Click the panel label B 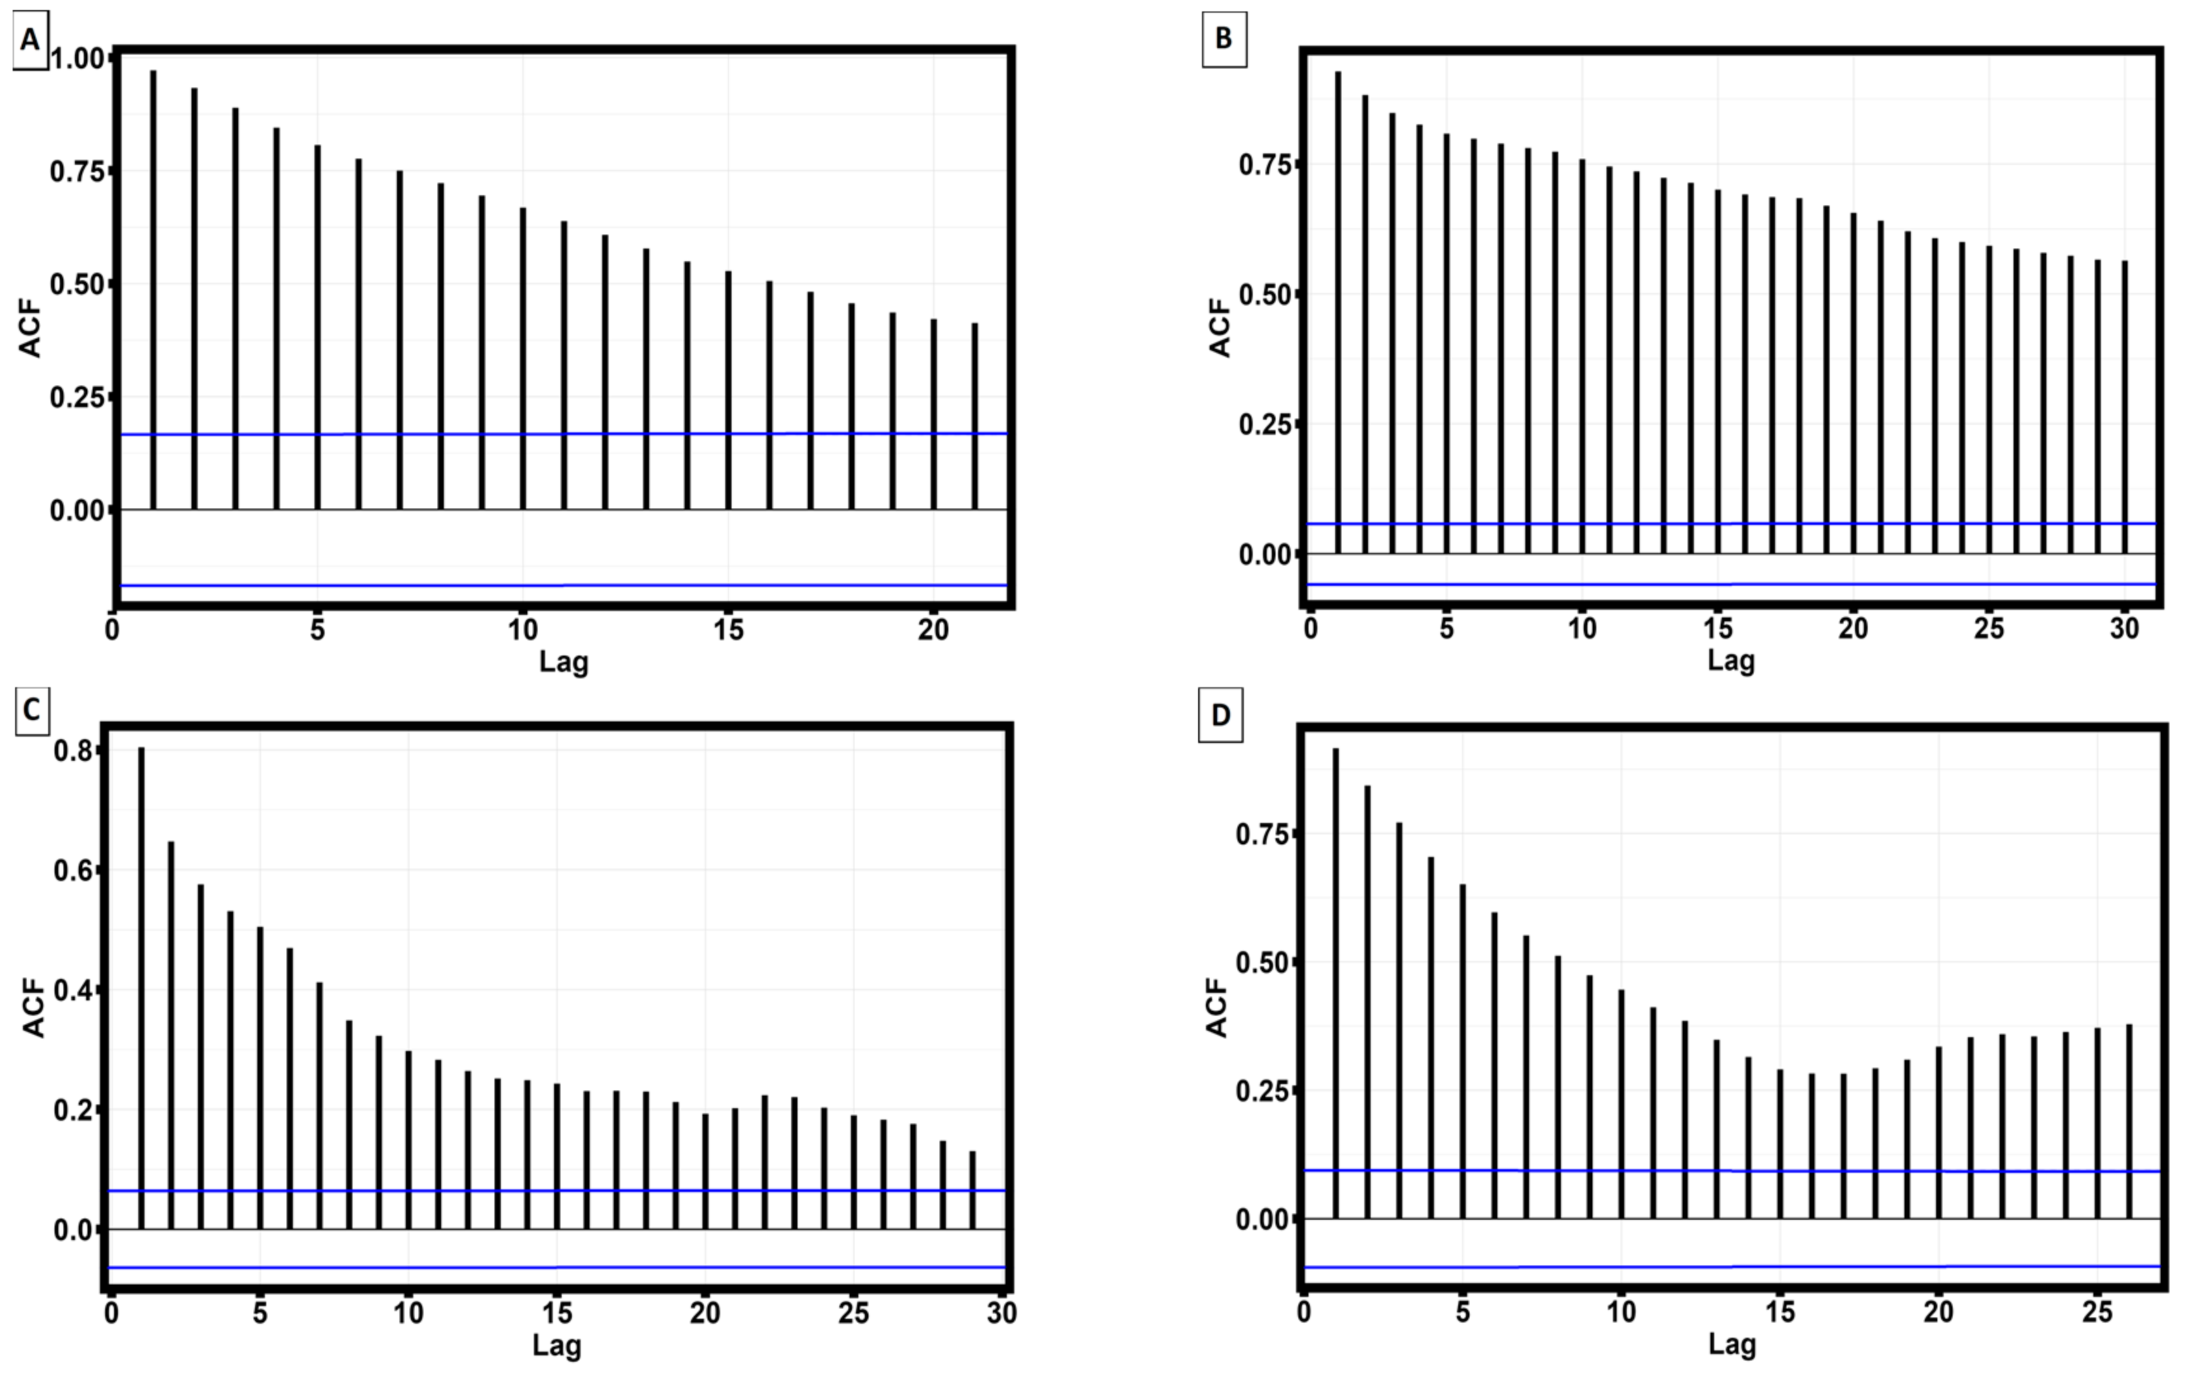[x=1224, y=38]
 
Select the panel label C [x=31, y=710]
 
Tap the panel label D [x=1220, y=715]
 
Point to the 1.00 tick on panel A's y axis [x=78, y=59]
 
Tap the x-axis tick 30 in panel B [x=2124, y=628]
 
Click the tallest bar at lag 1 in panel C [x=141, y=988]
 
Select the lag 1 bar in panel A [x=153, y=291]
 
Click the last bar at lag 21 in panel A [x=974, y=416]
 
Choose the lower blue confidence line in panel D [x=1729, y=1267]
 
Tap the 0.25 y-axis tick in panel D [x=1260, y=1090]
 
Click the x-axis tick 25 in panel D [x=2097, y=1312]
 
